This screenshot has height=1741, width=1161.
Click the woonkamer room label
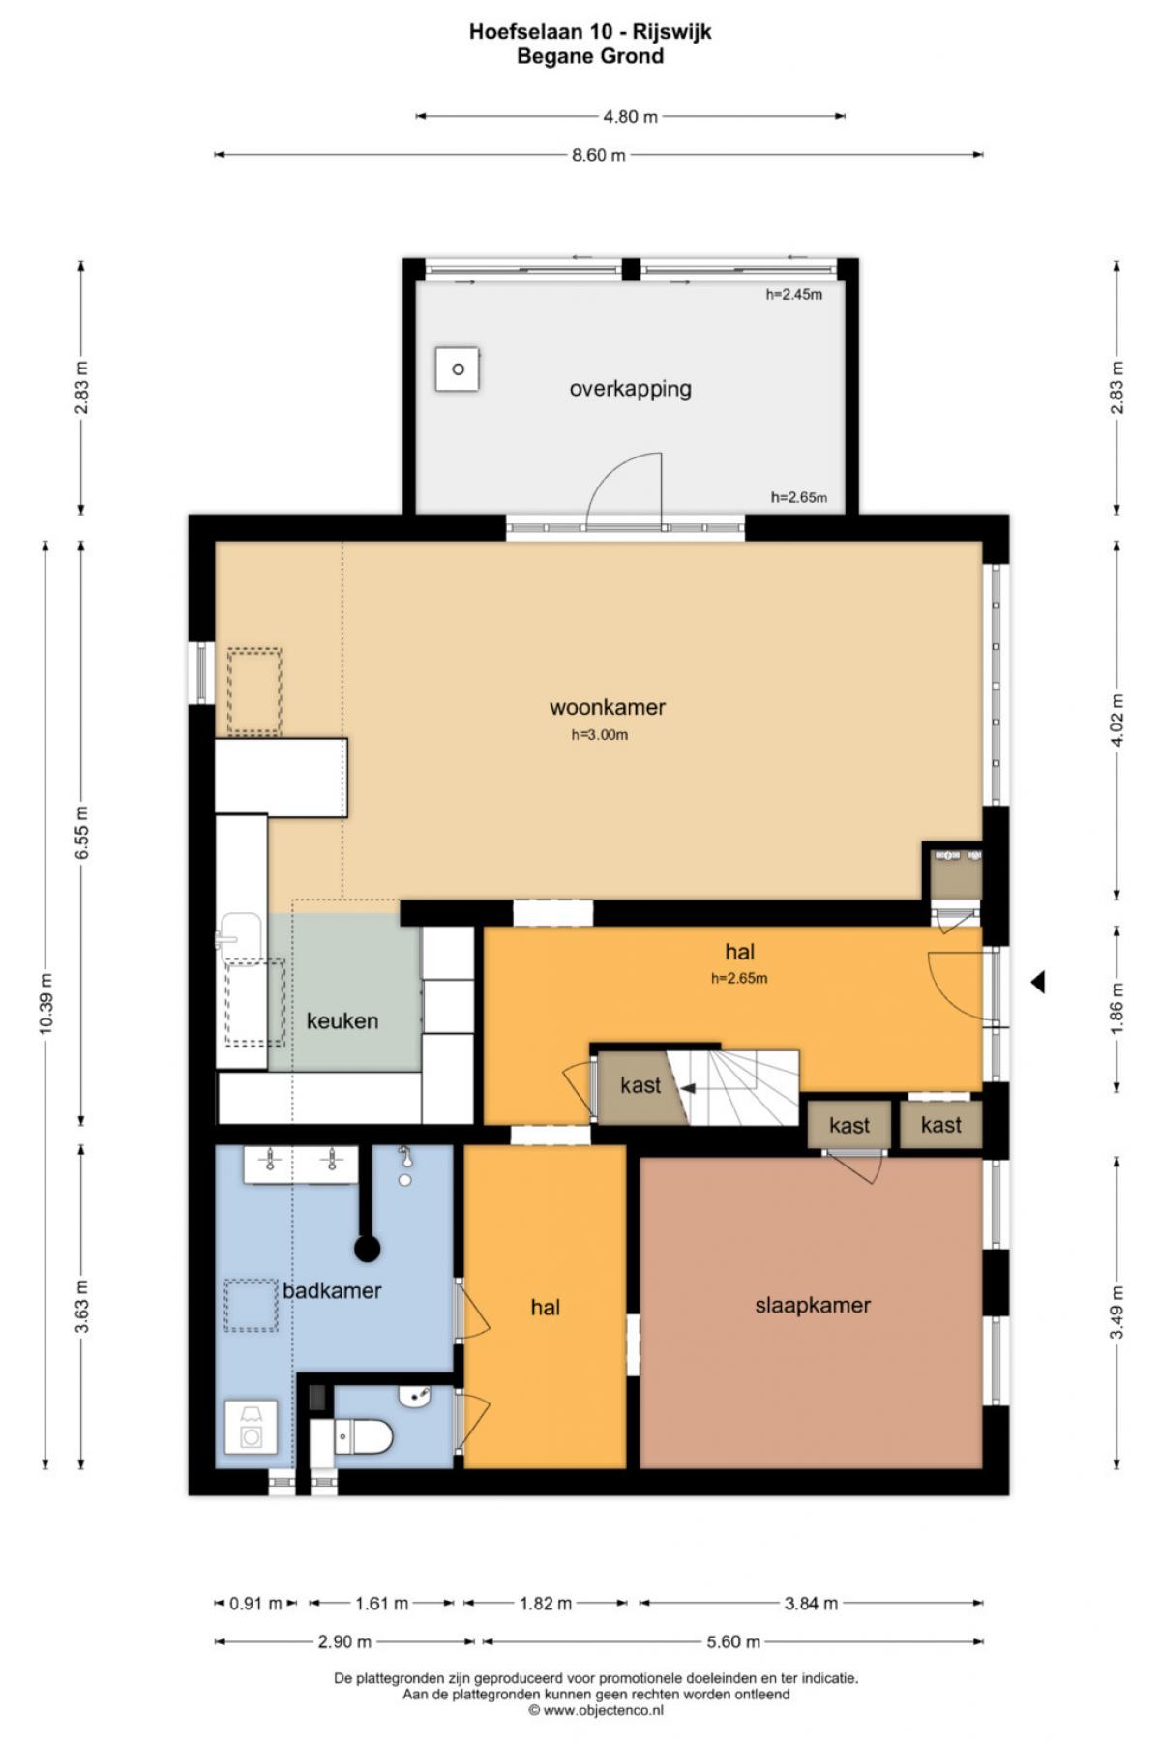pyautogui.click(x=608, y=707)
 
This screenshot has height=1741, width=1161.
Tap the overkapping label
pyautogui.click(x=630, y=389)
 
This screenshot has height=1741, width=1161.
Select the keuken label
pyautogui.click(x=342, y=1020)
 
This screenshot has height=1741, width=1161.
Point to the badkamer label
pyautogui.click(x=332, y=1290)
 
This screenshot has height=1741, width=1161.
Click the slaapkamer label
pyautogui.click(x=813, y=1305)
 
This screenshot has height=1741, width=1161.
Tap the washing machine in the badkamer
pyautogui.click(x=251, y=1427)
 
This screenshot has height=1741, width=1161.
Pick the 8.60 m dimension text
pyautogui.click(x=598, y=155)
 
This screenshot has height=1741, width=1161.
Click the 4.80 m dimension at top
pyautogui.click(x=630, y=117)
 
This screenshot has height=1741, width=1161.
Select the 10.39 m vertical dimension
pyautogui.click(x=45, y=1002)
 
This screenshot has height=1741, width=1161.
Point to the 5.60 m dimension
pyautogui.click(x=732, y=1641)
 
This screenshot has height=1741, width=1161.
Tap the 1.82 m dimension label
pyautogui.click(x=546, y=1603)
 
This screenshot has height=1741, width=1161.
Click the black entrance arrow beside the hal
pyautogui.click(x=1037, y=982)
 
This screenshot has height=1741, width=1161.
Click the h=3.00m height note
pyautogui.click(x=600, y=735)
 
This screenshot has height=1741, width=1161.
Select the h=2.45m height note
pyautogui.click(x=794, y=294)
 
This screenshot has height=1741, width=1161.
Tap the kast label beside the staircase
pyautogui.click(x=640, y=1085)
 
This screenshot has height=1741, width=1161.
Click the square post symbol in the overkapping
pyautogui.click(x=458, y=369)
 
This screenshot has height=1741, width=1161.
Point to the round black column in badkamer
pyautogui.click(x=367, y=1249)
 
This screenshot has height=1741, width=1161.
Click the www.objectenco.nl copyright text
pyautogui.click(x=596, y=1710)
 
